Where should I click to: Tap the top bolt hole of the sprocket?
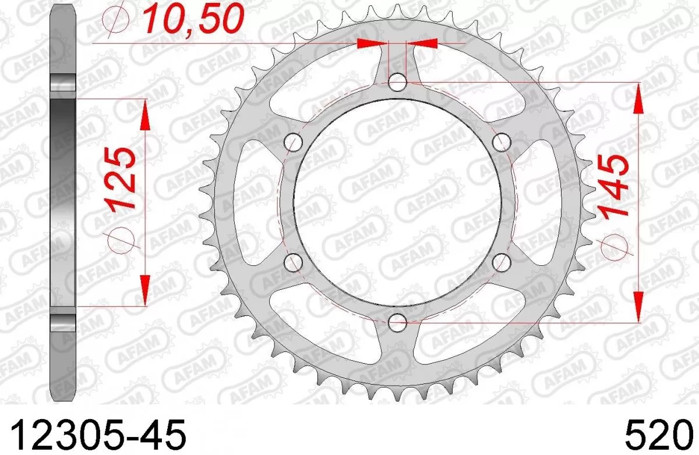point(397,82)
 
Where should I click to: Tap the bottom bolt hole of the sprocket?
point(397,320)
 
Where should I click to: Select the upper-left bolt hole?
point(295,141)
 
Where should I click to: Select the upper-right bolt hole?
point(501,141)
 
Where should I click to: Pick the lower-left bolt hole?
point(295,261)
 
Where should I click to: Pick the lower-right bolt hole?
point(501,261)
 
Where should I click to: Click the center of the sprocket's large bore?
point(397,201)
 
